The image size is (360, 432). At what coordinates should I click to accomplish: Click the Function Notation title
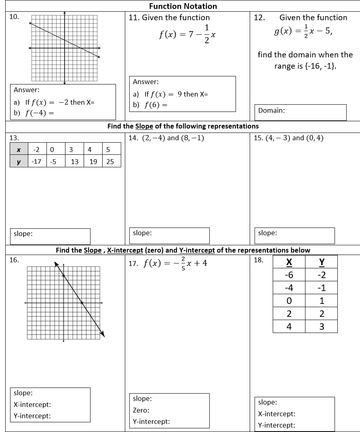[183, 6]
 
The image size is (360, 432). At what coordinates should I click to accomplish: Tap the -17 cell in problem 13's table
[36, 162]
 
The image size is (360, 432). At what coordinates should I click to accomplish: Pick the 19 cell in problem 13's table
[93, 162]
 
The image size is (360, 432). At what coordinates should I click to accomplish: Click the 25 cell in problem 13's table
[110, 162]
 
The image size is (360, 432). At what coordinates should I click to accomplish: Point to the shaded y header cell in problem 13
[19, 162]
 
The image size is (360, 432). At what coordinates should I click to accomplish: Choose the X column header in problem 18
[289, 262]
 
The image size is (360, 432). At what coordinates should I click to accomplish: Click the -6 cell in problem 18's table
[289, 275]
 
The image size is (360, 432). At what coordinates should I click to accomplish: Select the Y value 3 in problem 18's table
[322, 327]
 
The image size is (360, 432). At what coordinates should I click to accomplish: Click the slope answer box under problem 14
[169, 235]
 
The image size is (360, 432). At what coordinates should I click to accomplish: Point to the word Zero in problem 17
[141, 410]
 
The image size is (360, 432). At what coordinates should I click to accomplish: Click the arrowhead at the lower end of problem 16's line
[103, 334]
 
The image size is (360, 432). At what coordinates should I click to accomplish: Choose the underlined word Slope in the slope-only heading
[144, 126]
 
